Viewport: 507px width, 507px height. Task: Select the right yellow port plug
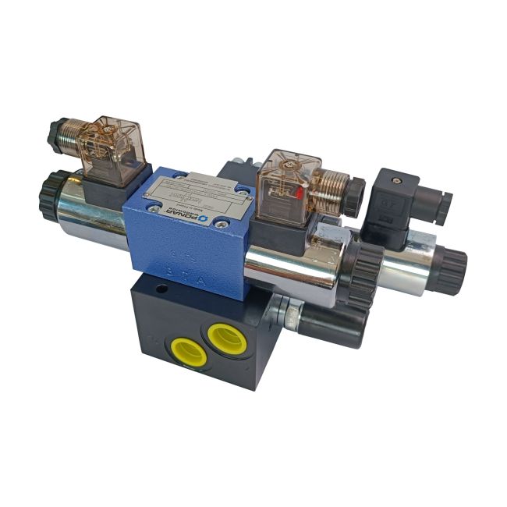click(226, 337)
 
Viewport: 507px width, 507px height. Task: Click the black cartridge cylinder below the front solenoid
click(331, 324)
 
